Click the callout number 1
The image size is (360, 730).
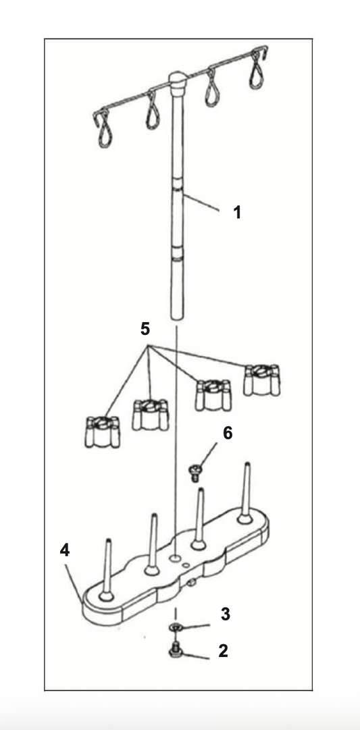click(x=238, y=212)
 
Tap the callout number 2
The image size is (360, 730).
click(x=224, y=651)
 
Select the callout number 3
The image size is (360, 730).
click(x=226, y=614)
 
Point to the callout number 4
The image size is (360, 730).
click(x=65, y=550)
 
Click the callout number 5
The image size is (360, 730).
click(x=145, y=329)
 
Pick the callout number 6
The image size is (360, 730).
click(x=228, y=433)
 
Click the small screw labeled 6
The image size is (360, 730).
click(x=196, y=473)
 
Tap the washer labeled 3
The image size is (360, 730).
click(x=176, y=628)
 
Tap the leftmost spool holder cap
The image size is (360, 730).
click(x=103, y=432)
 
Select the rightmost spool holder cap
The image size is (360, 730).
click(x=262, y=380)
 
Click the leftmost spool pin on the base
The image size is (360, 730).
click(x=107, y=570)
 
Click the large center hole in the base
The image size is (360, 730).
click(x=176, y=557)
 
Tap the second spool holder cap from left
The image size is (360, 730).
click(x=151, y=415)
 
